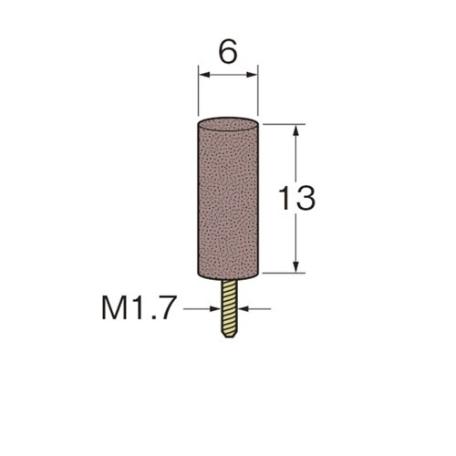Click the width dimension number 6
[228, 52]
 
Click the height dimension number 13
[297, 198]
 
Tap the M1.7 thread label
[139, 308]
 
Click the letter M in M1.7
[114, 308]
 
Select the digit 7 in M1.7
[168, 308]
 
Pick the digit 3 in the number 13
[306, 198]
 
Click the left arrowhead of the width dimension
[204, 75]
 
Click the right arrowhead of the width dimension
[252, 75]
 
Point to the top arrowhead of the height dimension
[296, 130]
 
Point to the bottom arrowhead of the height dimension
[296, 266]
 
